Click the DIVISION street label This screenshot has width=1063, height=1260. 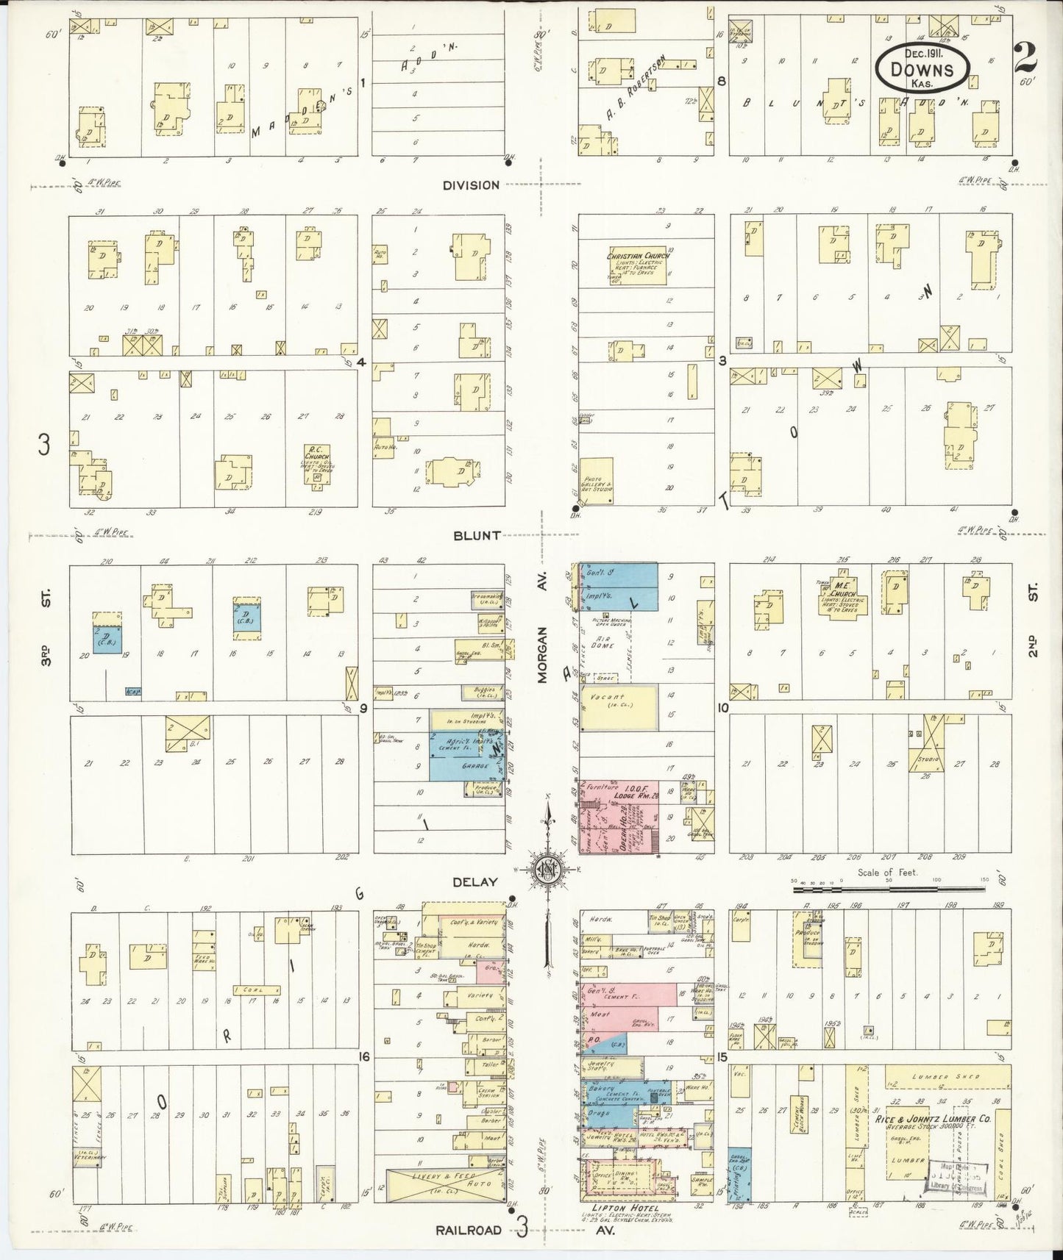pyautogui.click(x=471, y=185)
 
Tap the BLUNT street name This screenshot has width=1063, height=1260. pyautogui.click(x=477, y=535)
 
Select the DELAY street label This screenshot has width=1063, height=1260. pyautogui.click(x=475, y=881)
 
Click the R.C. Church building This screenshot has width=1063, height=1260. pyautogui.click(x=319, y=464)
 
